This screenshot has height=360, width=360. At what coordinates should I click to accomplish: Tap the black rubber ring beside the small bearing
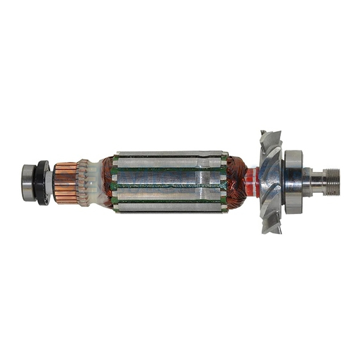43,183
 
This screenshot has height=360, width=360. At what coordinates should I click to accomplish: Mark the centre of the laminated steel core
170,183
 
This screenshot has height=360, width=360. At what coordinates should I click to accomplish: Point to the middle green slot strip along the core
170,186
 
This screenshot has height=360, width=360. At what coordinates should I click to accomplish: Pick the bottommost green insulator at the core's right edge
223,208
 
